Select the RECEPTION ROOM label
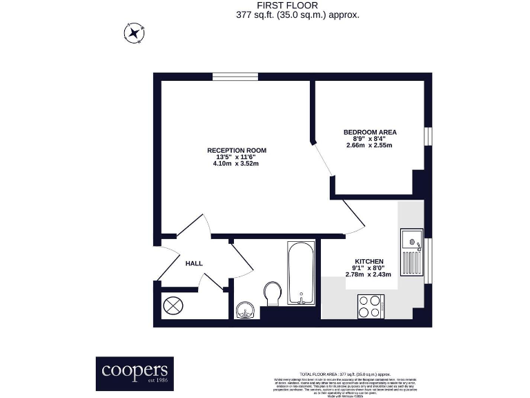tap(237, 150)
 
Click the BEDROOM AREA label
tap(370, 132)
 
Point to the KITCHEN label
tap(369, 261)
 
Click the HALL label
tap(193, 263)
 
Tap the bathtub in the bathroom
tap(300, 274)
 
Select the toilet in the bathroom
tap(272, 293)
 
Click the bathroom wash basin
tap(244, 310)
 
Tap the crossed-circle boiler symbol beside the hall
tap(172, 305)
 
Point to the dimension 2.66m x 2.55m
tap(369, 146)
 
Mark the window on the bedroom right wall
tap(428, 136)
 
